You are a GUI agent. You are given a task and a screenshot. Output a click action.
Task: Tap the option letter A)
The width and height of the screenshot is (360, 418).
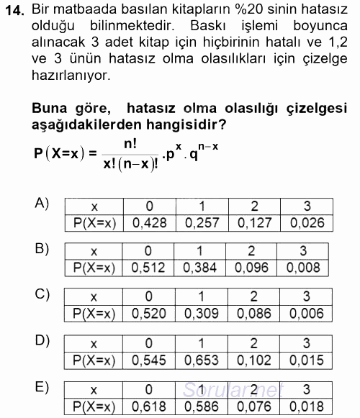point(42,204)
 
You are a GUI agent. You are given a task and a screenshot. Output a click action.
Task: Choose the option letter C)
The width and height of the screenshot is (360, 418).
point(42,294)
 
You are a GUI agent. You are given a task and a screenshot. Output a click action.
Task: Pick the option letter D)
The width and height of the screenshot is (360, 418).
point(42,339)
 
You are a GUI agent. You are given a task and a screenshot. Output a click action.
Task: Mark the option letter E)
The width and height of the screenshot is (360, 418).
point(42,388)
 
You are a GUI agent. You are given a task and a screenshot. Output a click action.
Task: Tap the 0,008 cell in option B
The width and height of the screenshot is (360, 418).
point(303,268)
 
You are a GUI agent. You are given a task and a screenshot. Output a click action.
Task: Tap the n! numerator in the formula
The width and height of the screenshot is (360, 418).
point(130,143)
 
